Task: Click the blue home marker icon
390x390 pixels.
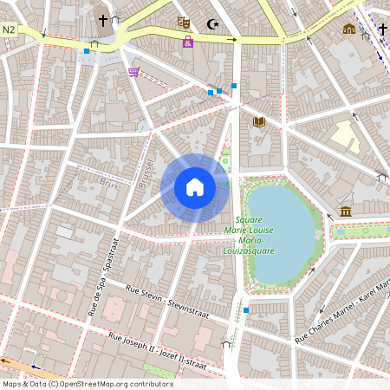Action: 195,187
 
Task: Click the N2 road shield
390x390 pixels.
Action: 10,29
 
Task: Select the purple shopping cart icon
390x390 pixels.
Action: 133,72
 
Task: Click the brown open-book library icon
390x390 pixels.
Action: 258,121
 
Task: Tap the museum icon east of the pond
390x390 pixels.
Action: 346,211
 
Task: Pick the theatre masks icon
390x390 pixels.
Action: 183,21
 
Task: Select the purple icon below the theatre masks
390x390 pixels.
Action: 188,42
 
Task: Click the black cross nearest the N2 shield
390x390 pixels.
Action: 103,19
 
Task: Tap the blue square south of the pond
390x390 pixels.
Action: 246,309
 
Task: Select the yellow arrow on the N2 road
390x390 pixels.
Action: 232,39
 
